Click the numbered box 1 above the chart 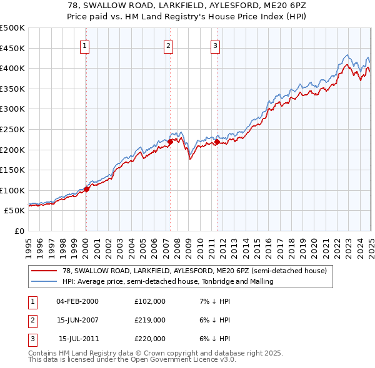(84, 45)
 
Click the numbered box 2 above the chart (168, 45)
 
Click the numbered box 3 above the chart (214, 45)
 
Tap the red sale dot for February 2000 (87, 190)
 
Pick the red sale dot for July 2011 (217, 142)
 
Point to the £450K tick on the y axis (12, 48)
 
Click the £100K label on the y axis (12, 190)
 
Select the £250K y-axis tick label (12, 129)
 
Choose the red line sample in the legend (43, 271)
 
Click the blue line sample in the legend (43, 281)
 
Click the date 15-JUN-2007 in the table (77, 320)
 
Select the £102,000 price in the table (150, 301)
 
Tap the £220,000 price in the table (150, 339)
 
